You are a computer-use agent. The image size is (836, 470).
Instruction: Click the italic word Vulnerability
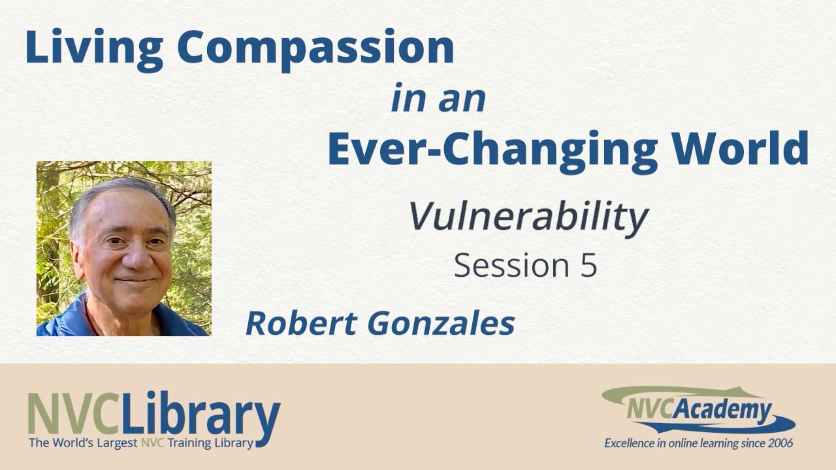coord(528,218)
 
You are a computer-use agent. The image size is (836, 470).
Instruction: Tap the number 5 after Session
coord(588,266)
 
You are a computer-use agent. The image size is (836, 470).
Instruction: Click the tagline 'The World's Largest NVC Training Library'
coord(140,443)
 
